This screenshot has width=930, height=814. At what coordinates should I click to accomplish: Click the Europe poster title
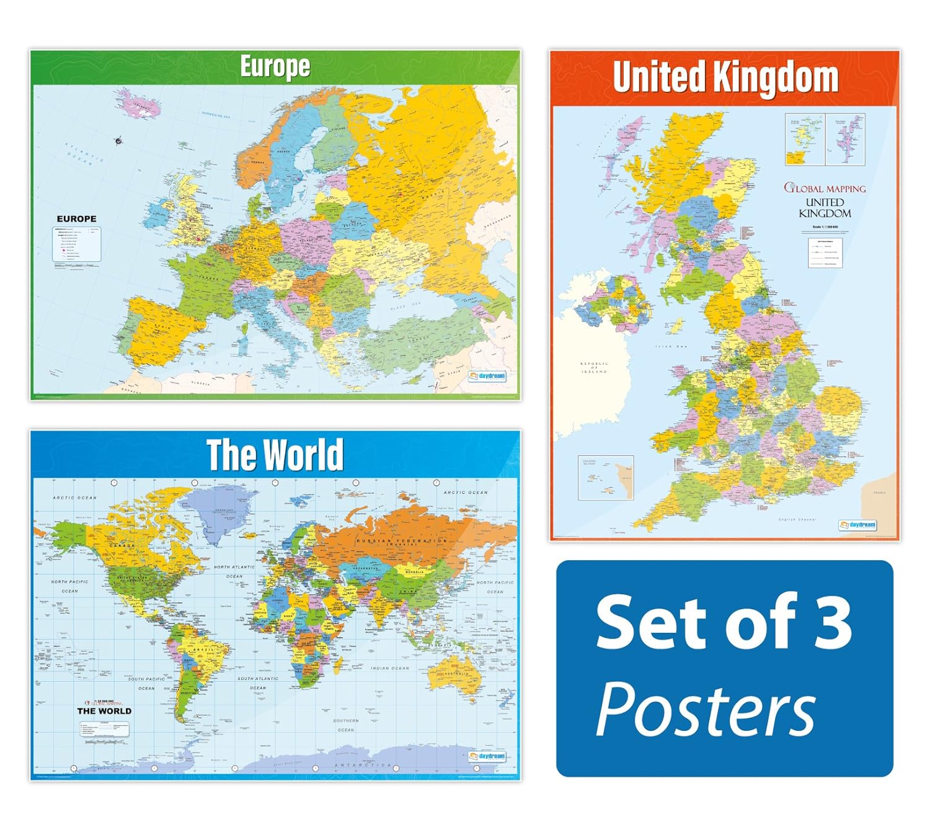[275, 67]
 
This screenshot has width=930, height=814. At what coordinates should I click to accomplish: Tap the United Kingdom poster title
[725, 77]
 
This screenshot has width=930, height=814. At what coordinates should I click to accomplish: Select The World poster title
[275, 455]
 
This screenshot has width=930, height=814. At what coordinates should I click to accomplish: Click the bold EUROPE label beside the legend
[76, 219]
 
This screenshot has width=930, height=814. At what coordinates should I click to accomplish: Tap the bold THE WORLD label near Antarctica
[104, 711]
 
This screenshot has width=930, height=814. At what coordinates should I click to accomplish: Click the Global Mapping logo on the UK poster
[825, 188]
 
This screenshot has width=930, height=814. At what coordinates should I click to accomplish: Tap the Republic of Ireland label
[594, 367]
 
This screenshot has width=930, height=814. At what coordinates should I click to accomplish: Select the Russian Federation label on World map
[401, 541]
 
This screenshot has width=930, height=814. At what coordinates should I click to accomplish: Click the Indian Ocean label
[390, 668]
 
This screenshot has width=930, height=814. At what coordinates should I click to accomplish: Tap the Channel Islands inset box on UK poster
[606, 478]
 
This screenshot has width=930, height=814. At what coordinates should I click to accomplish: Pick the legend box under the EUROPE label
[76, 244]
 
